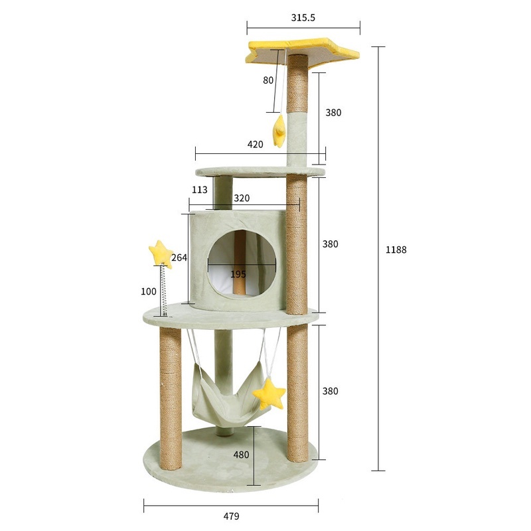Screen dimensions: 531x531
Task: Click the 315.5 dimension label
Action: coord(303,18)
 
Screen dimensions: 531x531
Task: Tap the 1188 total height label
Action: coord(396,250)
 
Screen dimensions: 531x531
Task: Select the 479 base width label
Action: coord(231,516)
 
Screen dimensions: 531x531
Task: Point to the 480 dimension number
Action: coord(241,455)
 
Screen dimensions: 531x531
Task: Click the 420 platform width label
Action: coord(255,144)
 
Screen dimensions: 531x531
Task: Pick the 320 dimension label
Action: coord(242,198)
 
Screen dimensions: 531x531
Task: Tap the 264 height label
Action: coord(179,258)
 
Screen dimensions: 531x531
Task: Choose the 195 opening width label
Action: coord(238,274)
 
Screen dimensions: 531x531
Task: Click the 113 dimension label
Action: coord(200,190)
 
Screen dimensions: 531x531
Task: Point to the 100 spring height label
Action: coord(149,291)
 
